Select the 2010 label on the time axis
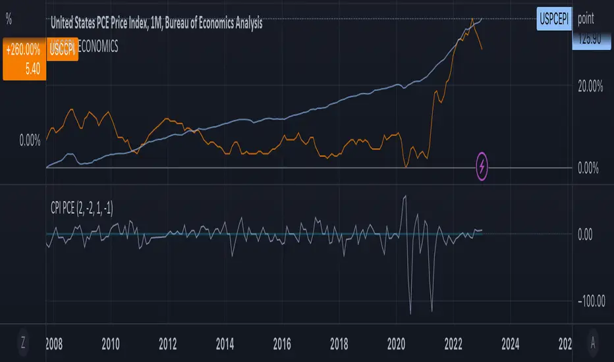point(110,343)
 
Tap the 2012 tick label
point(168,343)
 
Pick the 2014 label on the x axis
point(225,343)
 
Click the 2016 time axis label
point(282,343)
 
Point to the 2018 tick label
point(339,343)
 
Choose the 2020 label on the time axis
point(396,343)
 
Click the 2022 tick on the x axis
point(453,343)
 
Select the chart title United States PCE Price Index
point(157,24)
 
